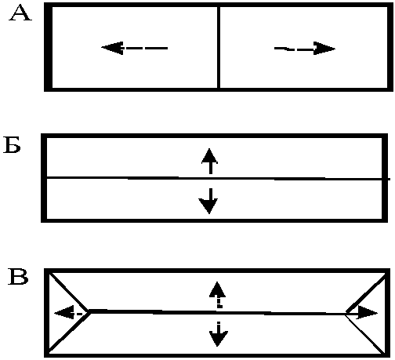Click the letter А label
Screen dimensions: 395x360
tap(20, 13)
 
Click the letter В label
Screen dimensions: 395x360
tap(18, 276)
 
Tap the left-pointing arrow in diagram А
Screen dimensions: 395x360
tap(134, 48)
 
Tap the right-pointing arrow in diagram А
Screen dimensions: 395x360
tap(305, 49)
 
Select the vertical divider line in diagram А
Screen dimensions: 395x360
tap(219, 47)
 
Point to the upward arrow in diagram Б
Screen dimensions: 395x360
tap(210, 161)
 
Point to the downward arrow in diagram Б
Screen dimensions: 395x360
tap(208, 201)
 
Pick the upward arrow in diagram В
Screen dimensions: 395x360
tap(217, 295)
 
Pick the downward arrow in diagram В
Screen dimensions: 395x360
tap(218, 334)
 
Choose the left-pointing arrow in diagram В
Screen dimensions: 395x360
tap(70, 313)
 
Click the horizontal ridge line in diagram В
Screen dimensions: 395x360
tap(218, 312)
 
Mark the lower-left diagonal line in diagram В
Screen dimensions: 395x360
tap(70, 332)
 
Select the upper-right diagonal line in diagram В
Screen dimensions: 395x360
tap(366, 294)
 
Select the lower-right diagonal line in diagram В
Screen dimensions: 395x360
tap(365, 333)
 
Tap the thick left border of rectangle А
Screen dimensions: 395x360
tap(48, 47)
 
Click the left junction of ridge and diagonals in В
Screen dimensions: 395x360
tap(90, 311)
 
